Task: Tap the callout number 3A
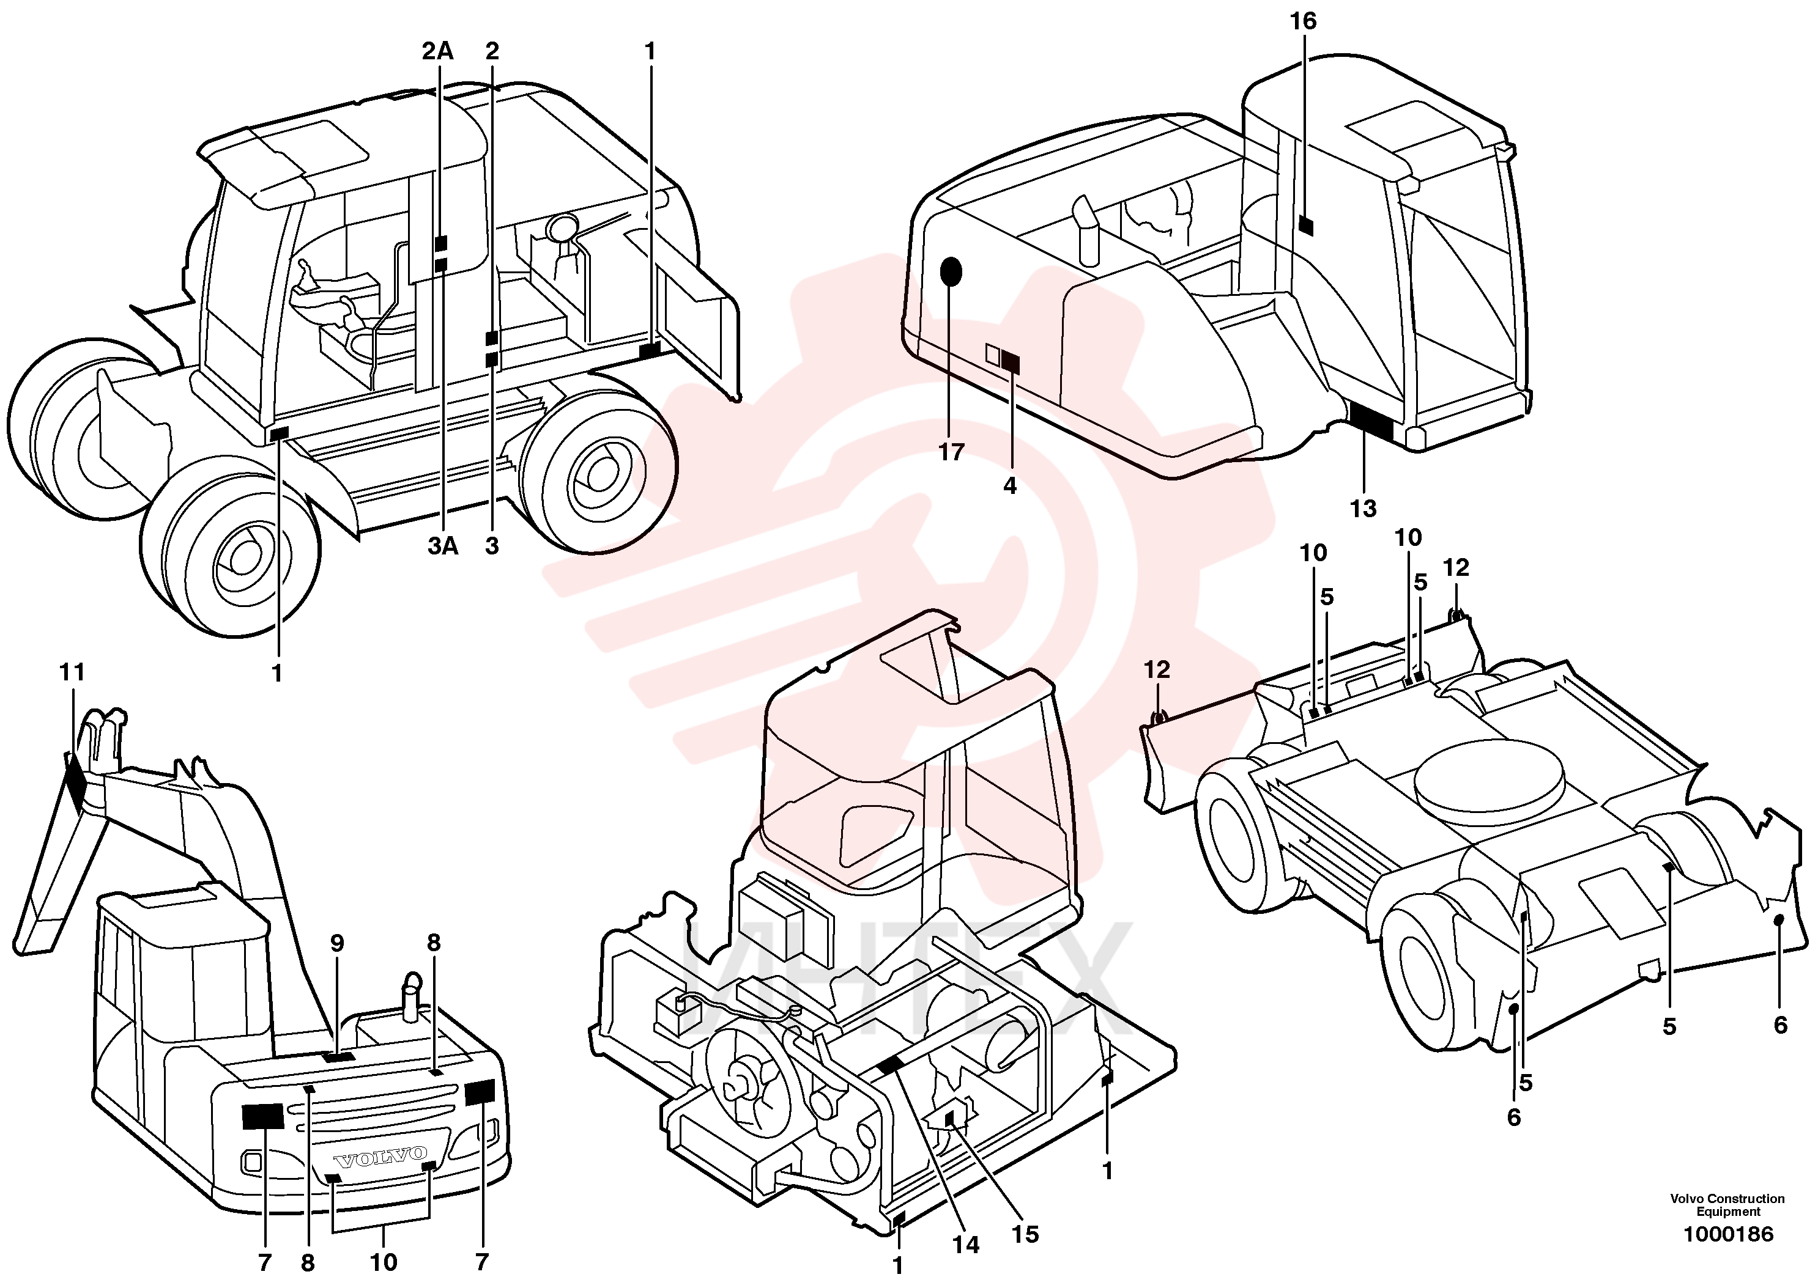coord(443,546)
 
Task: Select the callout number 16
coord(1303,21)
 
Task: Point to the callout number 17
coord(951,452)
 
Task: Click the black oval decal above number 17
coord(951,272)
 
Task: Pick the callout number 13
coord(1363,509)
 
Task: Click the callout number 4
coord(1009,485)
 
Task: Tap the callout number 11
coord(72,672)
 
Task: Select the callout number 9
coord(337,943)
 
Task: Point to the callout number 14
coord(966,1245)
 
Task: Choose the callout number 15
coord(1025,1234)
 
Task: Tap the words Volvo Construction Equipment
coord(1727,1205)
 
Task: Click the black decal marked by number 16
coord(1306,225)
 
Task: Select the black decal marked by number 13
coord(1371,421)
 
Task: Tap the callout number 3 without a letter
coord(492,546)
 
